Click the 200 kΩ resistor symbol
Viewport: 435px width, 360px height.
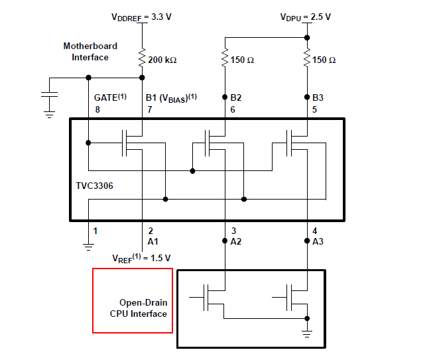click(142, 58)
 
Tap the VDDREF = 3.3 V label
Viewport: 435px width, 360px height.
click(141, 17)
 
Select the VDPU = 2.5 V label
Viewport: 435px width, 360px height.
click(306, 17)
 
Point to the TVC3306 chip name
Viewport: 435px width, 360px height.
click(95, 186)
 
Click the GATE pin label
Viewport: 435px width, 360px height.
click(110, 97)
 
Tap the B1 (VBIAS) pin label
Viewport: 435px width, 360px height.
click(171, 97)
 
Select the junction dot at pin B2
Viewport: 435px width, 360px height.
click(225, 97)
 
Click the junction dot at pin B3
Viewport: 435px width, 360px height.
click(307, 97)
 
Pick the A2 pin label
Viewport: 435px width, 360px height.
click(236, 241)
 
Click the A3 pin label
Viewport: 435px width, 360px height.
click(318, 241)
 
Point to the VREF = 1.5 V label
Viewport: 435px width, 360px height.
click(141, 258)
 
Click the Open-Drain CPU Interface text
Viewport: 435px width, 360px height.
click(139, 308)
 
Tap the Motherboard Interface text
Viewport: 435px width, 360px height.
click(90, 52)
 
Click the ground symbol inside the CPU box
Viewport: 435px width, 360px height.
click(307, 333)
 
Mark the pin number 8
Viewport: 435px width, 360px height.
click(97, 109)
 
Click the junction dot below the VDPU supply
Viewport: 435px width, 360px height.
click(307, 37)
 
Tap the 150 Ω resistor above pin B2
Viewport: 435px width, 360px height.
click(225, 58)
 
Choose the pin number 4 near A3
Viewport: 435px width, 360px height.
click(314, 231)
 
